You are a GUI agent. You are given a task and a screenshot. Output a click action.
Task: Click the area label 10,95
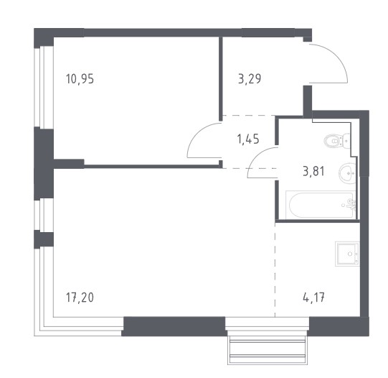click(80, 79)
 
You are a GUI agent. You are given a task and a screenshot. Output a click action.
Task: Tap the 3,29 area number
click(250, 79)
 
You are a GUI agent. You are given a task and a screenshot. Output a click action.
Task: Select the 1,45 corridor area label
click(248, 139)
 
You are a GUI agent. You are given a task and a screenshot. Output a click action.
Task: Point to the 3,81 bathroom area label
click(313, 171)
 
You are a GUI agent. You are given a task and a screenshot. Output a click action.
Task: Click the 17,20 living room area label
click(80, 298)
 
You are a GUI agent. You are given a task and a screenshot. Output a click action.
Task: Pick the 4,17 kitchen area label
click(313, 298)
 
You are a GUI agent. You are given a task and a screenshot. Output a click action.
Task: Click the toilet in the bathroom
click(336, 141)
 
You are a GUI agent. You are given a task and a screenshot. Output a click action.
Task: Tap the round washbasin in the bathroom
click(347, 173)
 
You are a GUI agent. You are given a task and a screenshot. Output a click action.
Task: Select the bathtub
click(321, 205)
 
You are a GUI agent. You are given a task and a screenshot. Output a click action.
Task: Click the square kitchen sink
click(347, 254)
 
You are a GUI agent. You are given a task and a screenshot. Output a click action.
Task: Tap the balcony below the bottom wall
click(268, 350)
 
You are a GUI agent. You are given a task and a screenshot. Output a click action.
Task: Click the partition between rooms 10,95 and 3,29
click(221, 79)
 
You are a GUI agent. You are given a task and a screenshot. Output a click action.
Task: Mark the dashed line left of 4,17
click(275, 269)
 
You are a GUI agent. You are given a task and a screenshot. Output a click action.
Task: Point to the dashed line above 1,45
click(249, 116)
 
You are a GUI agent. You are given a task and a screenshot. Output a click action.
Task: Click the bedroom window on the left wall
click(43, 87)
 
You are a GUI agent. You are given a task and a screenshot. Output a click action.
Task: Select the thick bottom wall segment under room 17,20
click(174, 326)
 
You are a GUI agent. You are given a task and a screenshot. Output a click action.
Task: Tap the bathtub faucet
click(352, 204)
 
